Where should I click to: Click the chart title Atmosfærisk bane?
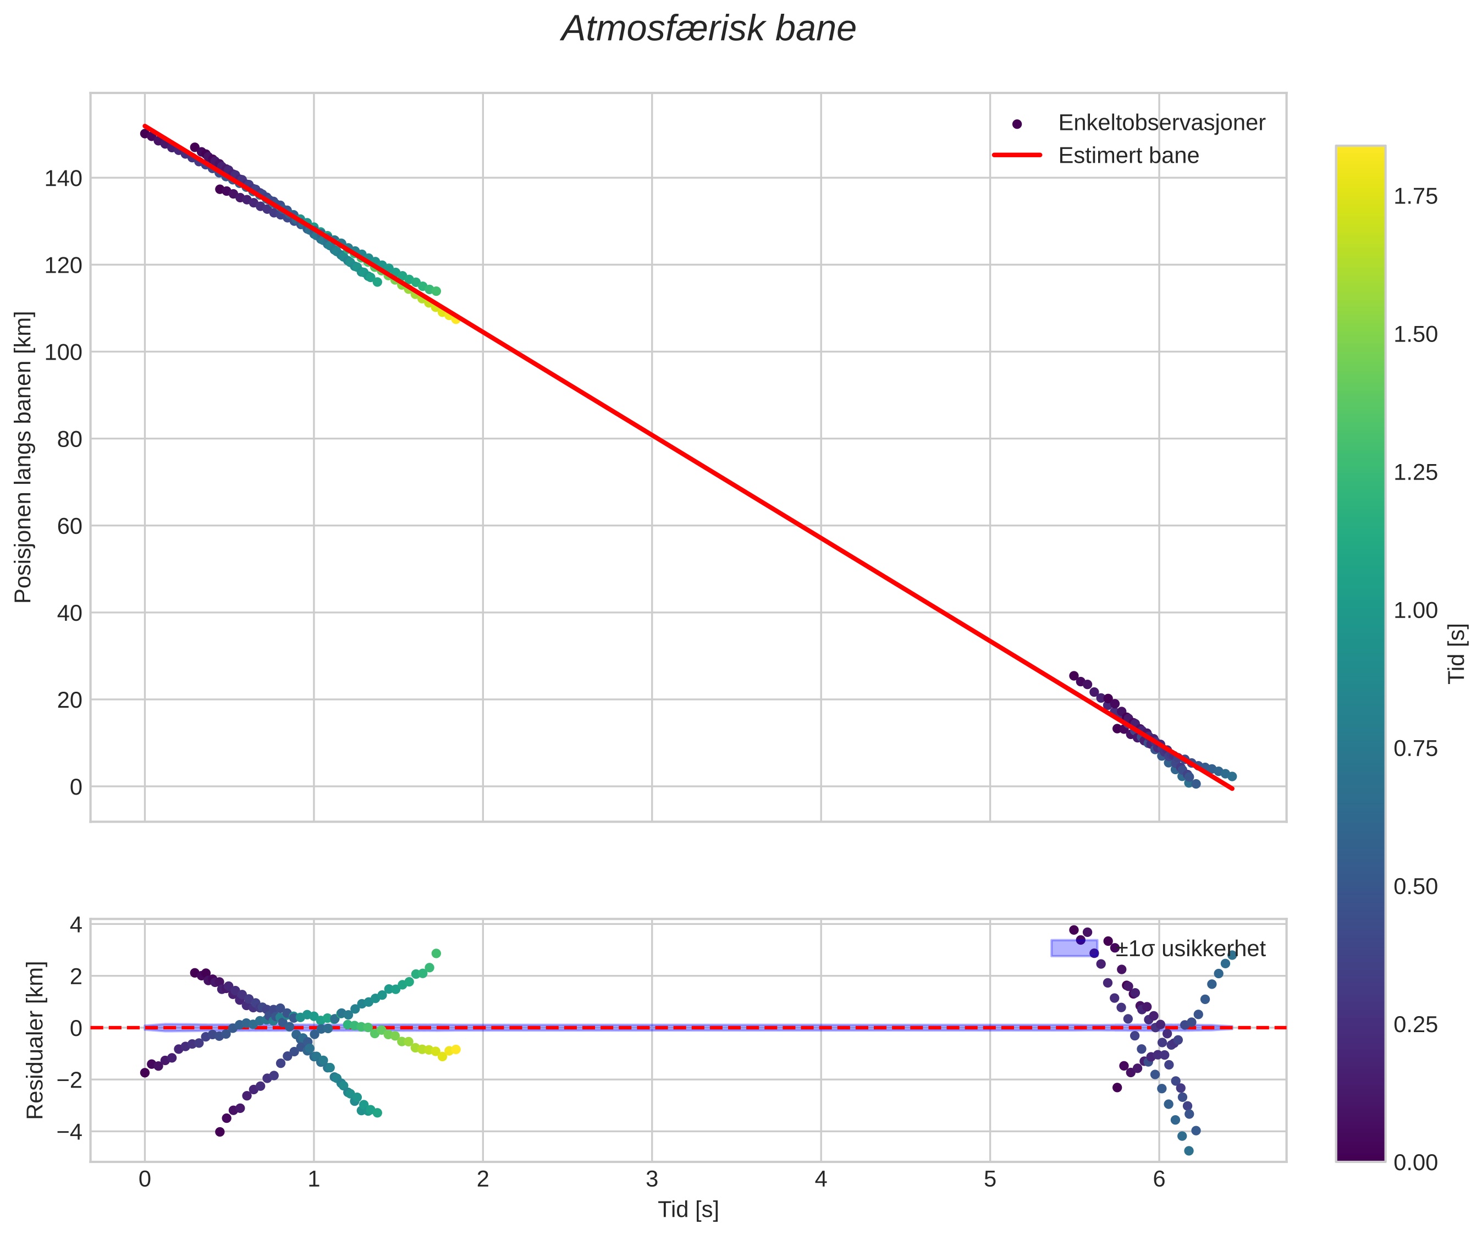click(x=708, y=30)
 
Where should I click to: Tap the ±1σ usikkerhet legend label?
click(x=1191, y=949)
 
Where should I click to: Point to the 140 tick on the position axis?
click(x=64, y=179)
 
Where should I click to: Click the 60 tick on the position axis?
click(x=69, y=526)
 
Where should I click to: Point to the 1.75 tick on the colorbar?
click(x=1415, y=196)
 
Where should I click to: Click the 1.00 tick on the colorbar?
click(x=1415, y=610)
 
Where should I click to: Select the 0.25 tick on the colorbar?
click(x=1415, y=1025)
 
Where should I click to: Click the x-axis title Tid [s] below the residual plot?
click(x=688, y=1210)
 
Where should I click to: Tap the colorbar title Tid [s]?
click(x=1457, y=653)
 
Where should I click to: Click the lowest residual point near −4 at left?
click(x=219, y=1132)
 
